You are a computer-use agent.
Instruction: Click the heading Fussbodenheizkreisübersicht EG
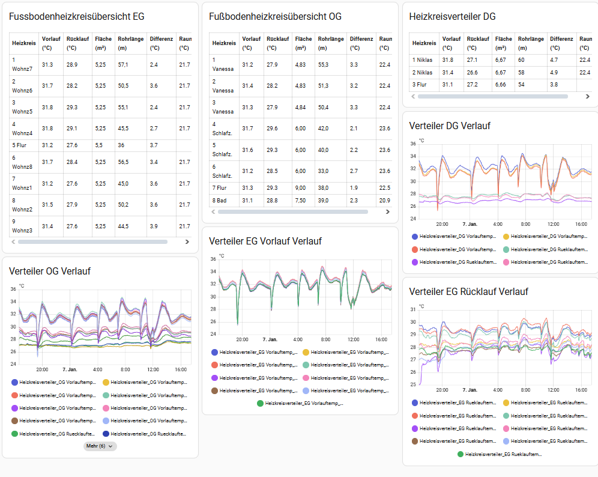pyautogui.click(x=76, y=17)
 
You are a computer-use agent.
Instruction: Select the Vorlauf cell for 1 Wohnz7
pyautogui.click(x=47, y=64)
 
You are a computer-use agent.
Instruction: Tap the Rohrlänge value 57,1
pyautogui.click(x=124, y=64)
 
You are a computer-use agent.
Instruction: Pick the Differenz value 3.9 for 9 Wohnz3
pyautogui.click(x=154, y=226)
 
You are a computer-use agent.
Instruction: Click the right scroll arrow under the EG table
pyautogui.click(x=187, y=242)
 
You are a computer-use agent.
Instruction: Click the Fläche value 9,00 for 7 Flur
pyautogui.click(x=300, y=188)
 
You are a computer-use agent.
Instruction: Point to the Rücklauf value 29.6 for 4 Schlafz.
pyautogui.click(x=271, y=128)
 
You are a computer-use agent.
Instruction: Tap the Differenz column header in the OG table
pyautogui.click(x=361, y=43)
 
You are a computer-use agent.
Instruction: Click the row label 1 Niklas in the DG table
pyautogui.click(x=423, y=59)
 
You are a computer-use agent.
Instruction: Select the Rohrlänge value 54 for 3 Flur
pyautogui.click(x=521, y=84)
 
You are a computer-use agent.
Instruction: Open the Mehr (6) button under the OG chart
pyautogui.click(x=100, y=446)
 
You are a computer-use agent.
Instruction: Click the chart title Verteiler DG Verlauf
pyautogui.click(x=449, y=126)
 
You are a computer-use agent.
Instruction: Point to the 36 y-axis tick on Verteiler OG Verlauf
pyautogui.click(x=14, y=289)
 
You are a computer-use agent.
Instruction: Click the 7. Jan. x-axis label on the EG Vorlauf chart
pyautogui.click(x=270, y=339)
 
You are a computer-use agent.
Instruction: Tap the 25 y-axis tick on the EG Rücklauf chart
pyautogui.click(x=412, y=384)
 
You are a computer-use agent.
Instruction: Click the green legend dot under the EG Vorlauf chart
pyautogui.click(x=260, y=404)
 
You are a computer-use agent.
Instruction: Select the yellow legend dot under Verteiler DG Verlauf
pyautogui.click(x=506, y=237)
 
